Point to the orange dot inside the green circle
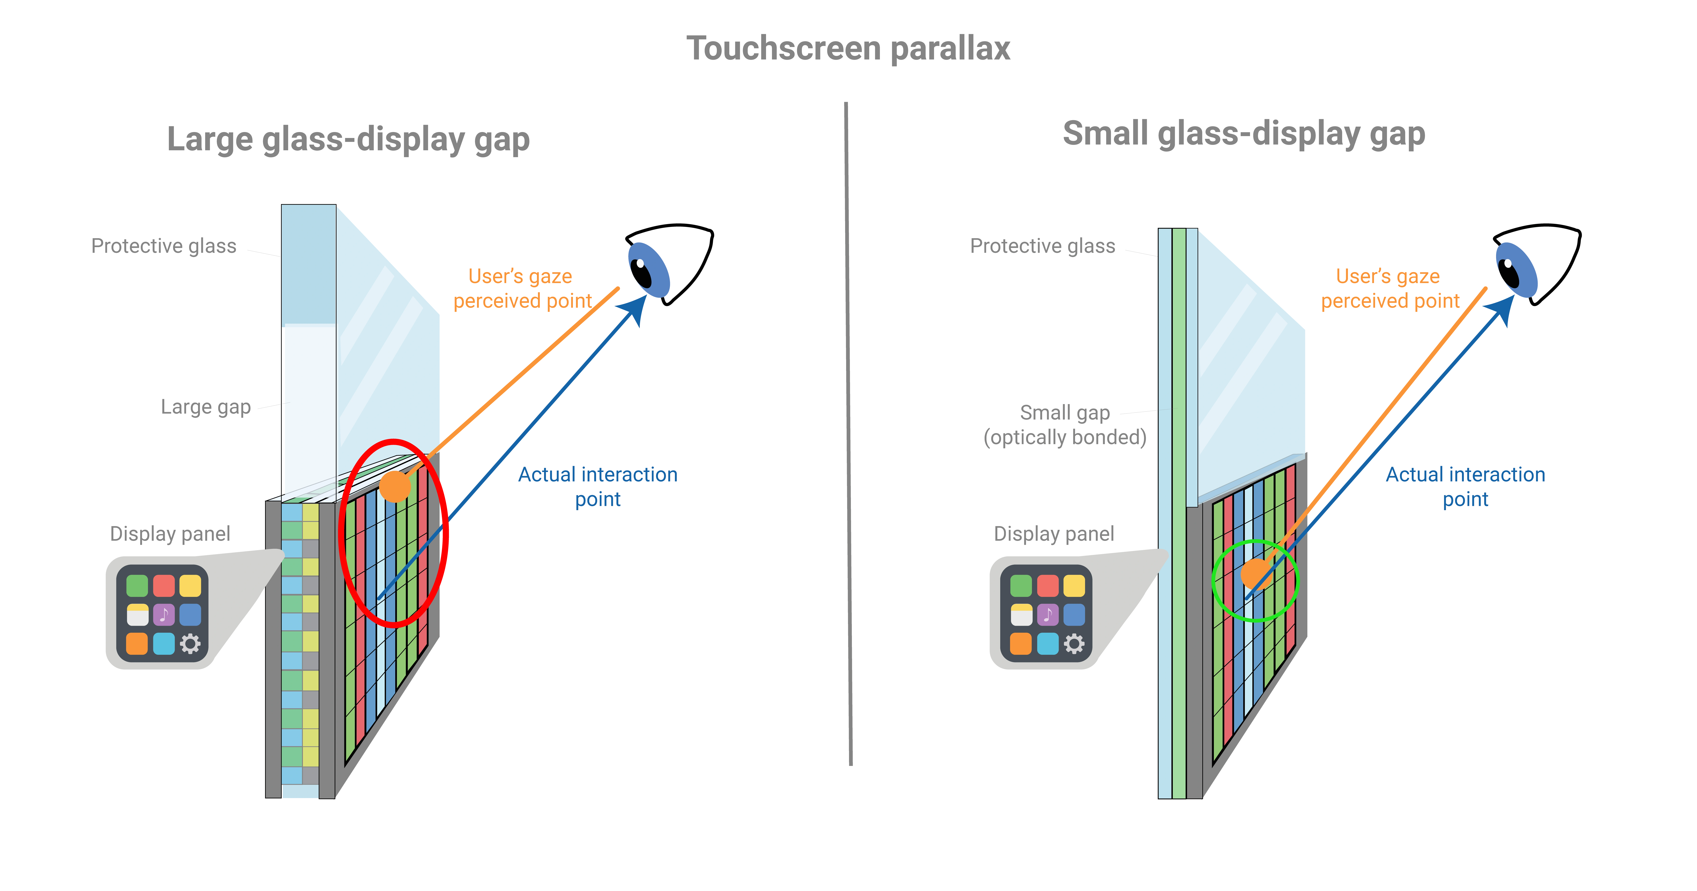click(x=1256, y=573)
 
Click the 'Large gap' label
click(x=206, y=407)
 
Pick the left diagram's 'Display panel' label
click(x=170, y=534)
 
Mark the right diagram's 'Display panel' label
click(x=1054, y=534)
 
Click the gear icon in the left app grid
click(x=190, y=643)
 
